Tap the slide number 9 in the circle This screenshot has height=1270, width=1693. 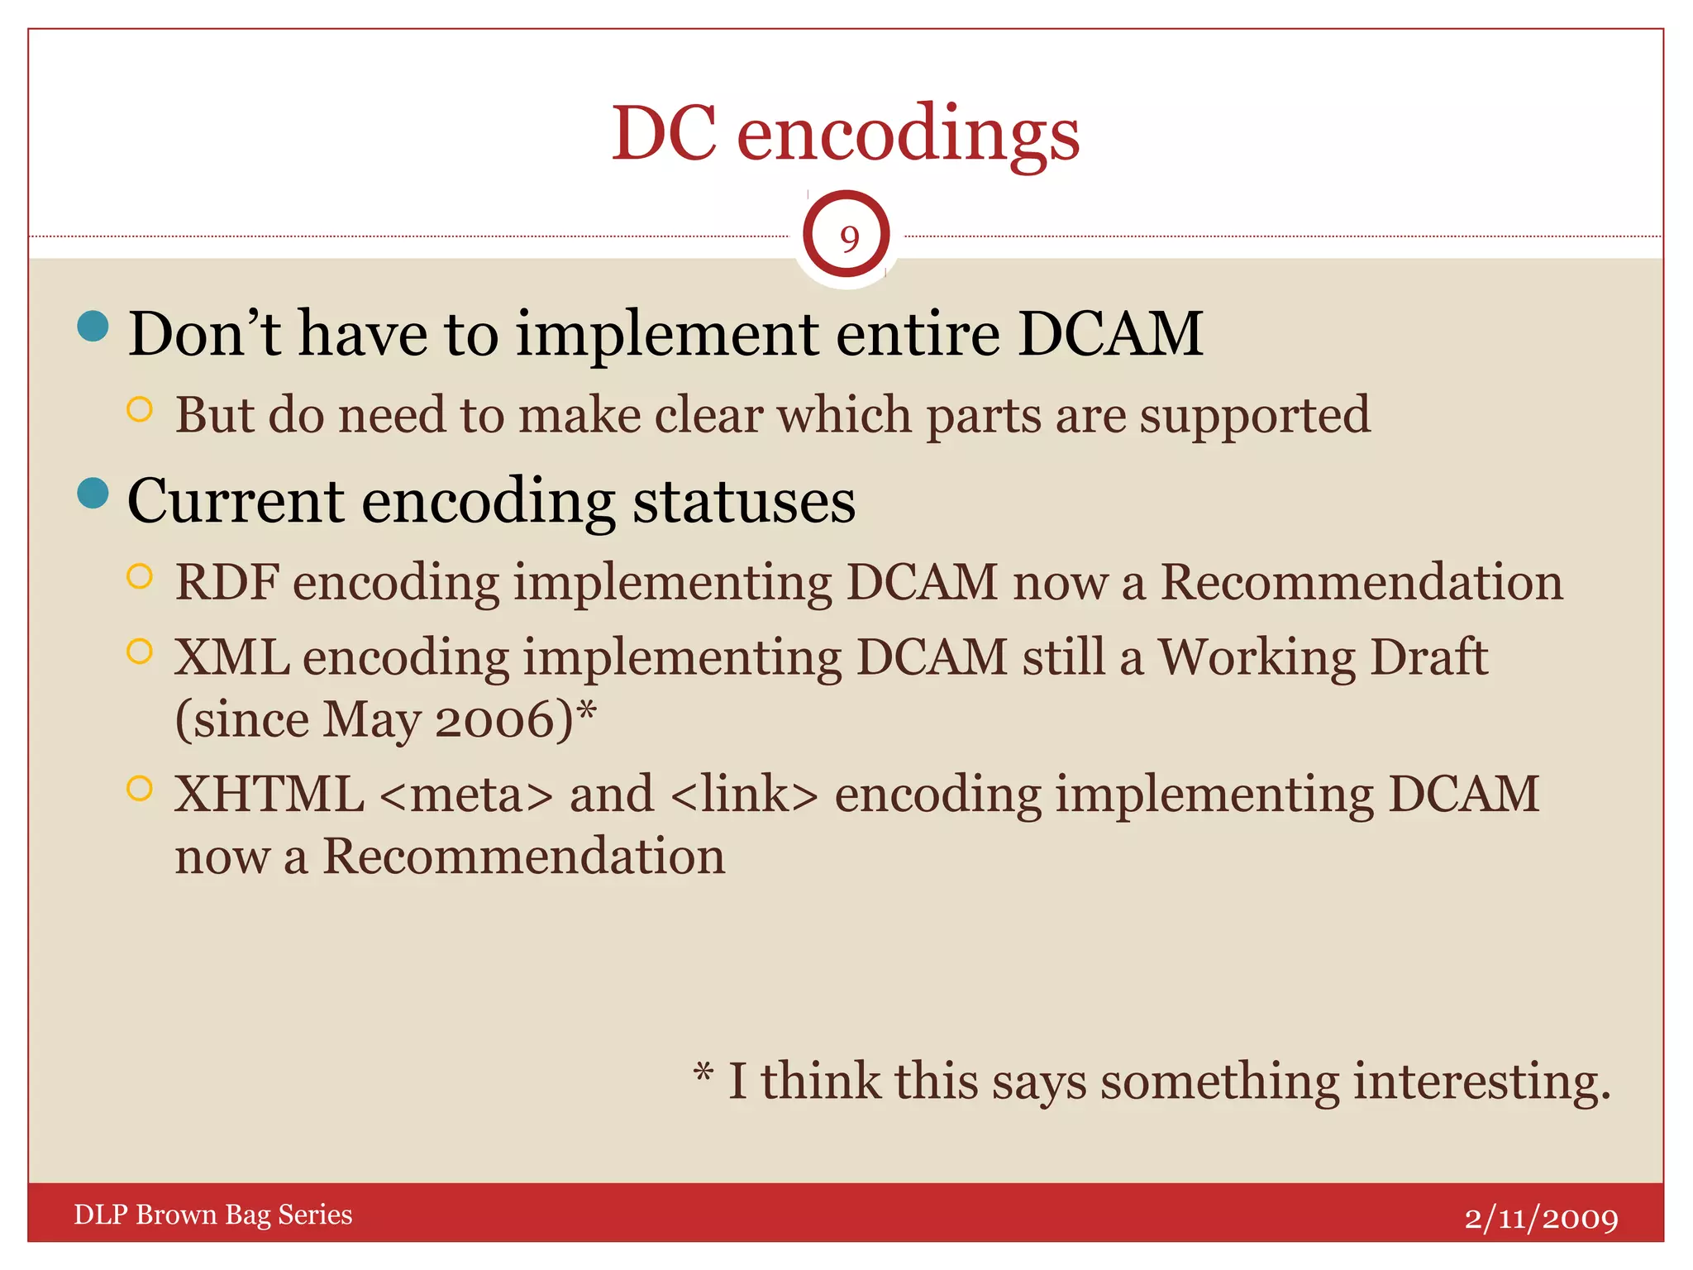[848, 239]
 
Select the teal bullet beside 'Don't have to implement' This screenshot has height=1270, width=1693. [93, 326]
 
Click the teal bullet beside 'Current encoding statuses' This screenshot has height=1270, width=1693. [93, 494]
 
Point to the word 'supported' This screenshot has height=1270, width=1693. [1255, 416]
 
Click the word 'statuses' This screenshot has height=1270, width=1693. [743, 502]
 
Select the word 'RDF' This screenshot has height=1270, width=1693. [227, 582]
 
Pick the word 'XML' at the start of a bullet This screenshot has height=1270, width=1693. [231, 657]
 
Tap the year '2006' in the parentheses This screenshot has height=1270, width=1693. [503, 719]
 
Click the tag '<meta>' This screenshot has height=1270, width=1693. [466, 795]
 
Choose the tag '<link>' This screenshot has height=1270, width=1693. [744, 795]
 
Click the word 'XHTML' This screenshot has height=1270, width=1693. [269, 795]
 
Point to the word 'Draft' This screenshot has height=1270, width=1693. [1428, 657]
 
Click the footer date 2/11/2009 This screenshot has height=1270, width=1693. [1541, 1218]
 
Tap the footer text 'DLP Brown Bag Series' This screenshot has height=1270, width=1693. [213, 1215]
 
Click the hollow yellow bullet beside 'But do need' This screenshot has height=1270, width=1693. [141, 409]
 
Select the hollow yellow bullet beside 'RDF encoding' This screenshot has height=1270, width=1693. [141, 576]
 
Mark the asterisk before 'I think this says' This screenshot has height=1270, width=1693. [703, 1073]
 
